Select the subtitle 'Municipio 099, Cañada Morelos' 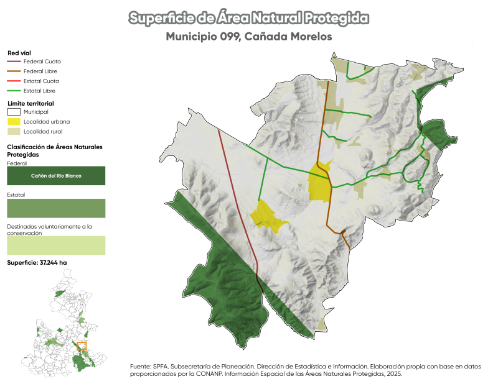pos(249,37)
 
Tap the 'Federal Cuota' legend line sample pos(14,62)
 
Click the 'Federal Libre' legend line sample pos(14,71)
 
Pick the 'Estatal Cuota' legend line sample pos(14,81)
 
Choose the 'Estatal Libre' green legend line pos(14,91)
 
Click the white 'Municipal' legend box pos(14,112)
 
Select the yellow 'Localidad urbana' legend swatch pos(14,122)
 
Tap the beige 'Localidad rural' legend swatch pos(14,132)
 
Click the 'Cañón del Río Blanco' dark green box pos(56,176)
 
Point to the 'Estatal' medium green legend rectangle pos(56,208)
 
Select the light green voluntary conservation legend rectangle pos(56,245)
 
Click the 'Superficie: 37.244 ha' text pos(37,263)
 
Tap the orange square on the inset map pos(82,345)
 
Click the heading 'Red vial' pos(19,53)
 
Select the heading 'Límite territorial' pos(31,103)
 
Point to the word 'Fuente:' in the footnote pos(141,367)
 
